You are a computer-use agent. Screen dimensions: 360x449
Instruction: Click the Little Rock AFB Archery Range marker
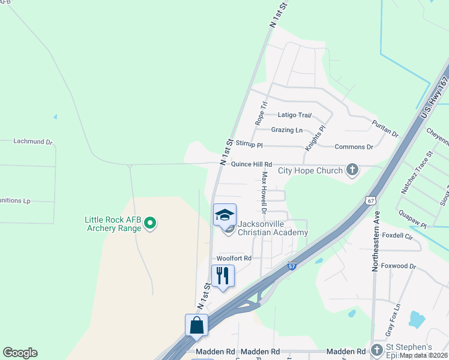click(151, 224)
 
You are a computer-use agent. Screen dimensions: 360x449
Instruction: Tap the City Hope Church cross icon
click(352, 171)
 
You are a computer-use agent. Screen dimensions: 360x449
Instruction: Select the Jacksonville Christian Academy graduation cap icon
click(224, 215)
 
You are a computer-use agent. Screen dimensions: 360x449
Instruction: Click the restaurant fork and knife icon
click(223, 275)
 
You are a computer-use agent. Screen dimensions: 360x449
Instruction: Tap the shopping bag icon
click(196, 325)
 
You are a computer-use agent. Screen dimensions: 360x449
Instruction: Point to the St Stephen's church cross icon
click(377, 349)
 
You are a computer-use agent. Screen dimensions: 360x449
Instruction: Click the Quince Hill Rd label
click(246, 164)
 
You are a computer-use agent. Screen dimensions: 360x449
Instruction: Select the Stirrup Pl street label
click(249, 145)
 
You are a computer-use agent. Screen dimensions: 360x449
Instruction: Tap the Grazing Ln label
click(287, 130)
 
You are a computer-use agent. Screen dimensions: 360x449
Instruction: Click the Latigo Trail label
click(295, 115)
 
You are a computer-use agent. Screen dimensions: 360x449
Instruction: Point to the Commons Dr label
click(354, 147)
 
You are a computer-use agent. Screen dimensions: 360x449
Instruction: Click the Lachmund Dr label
click(34, 142)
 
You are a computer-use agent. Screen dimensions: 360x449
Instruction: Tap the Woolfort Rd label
click(234, 258)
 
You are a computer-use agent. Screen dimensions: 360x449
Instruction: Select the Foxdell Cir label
click(397, 237)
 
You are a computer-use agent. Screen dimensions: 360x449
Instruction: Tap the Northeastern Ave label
click(376, 241)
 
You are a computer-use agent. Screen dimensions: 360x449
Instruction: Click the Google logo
click(20, 353)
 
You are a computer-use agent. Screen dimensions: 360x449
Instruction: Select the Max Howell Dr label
click(263, 192)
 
